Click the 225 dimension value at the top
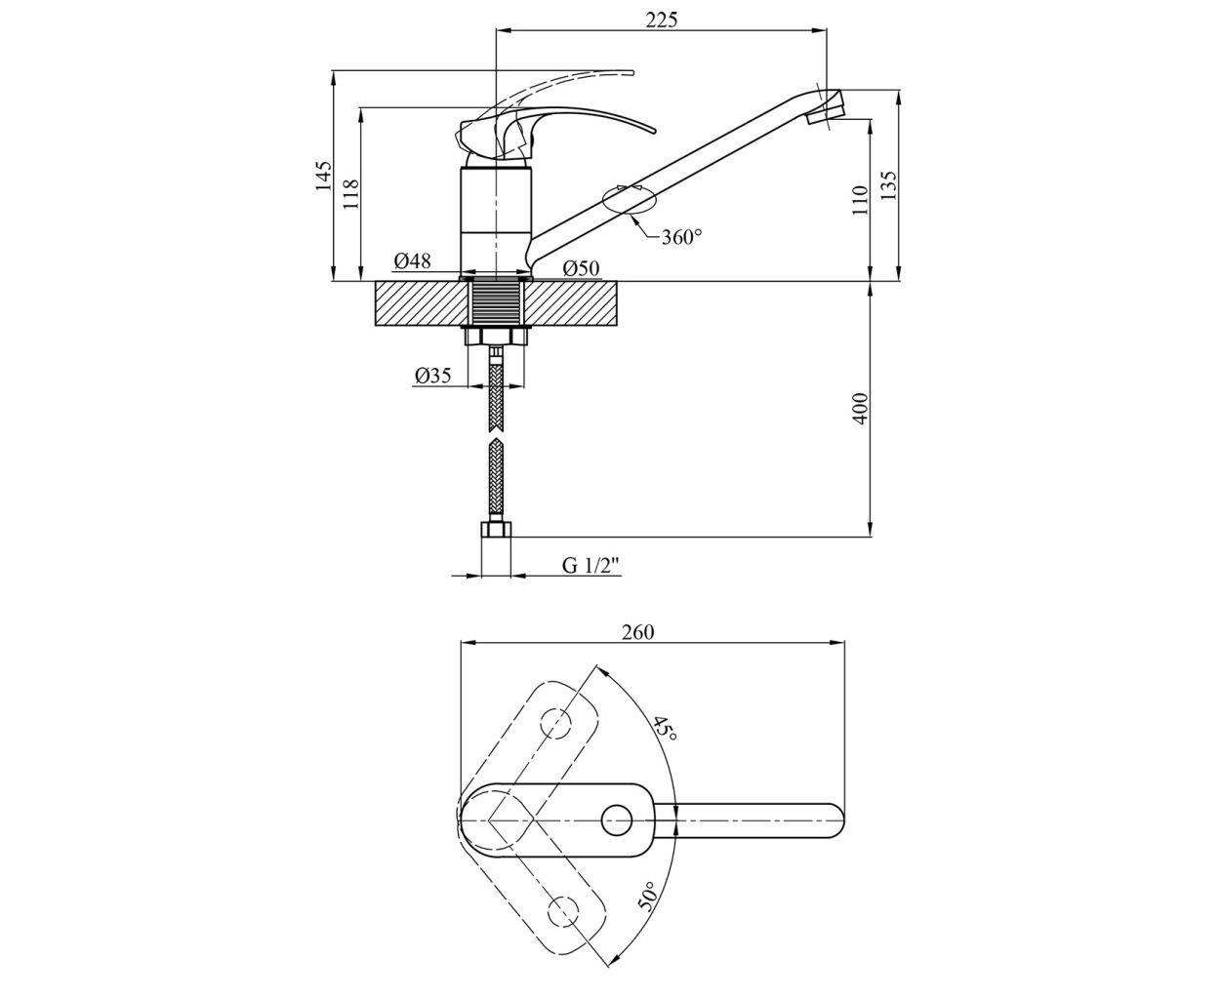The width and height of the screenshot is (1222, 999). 661,20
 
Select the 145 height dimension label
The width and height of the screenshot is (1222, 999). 323,176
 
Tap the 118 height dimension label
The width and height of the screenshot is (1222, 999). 351,194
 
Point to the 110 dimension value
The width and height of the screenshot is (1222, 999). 861,200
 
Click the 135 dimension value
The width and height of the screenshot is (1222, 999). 888,184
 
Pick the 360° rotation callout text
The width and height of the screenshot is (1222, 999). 681,237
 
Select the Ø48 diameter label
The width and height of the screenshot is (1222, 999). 413,261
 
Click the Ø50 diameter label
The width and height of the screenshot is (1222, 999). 581,268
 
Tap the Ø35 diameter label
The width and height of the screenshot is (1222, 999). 432,376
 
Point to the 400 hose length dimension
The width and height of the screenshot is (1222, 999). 861,409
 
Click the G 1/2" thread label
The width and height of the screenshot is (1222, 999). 591,565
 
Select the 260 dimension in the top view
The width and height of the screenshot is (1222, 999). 638,632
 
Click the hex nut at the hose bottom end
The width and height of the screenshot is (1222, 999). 497,529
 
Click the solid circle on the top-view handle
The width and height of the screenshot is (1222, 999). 616,820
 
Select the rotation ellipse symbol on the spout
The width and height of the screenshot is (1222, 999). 630,200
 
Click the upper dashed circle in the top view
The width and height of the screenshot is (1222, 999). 555,724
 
